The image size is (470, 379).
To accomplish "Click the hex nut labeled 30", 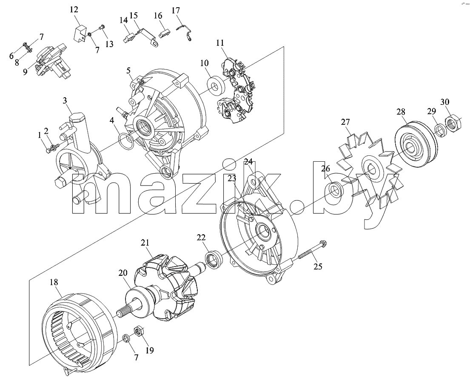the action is pyautogui.click(x=452, y=123).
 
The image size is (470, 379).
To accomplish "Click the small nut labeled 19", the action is pyautogui.click(x=139, y=331).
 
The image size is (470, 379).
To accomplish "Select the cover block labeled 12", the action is pyautogui.click(x=80, y=33).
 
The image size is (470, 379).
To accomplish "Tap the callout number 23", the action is pyautogui.click(x=232, y=178).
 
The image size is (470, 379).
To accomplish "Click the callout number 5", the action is pyautogui.click(x=128, y=71).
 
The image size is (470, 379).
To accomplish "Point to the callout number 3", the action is pyautogui.click(x=65, y=101).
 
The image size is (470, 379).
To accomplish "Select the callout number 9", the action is pyautogui.click(x=25, y=72).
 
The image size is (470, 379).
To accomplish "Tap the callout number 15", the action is pyautogui.click(x=134, y=15).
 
